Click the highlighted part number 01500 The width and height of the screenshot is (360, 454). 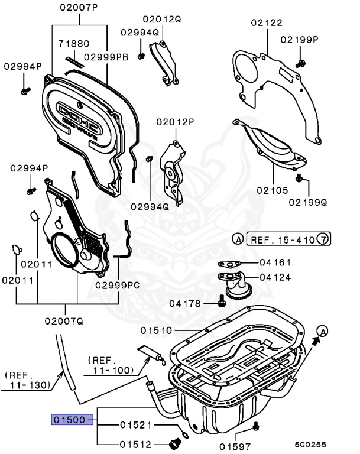71,420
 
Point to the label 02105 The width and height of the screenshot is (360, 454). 272,191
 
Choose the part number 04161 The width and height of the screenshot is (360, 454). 275,262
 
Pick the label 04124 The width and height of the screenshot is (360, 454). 275,276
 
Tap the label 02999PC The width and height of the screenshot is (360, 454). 118,284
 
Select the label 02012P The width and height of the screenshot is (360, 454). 175,122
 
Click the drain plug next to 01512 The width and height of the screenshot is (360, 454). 176,445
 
